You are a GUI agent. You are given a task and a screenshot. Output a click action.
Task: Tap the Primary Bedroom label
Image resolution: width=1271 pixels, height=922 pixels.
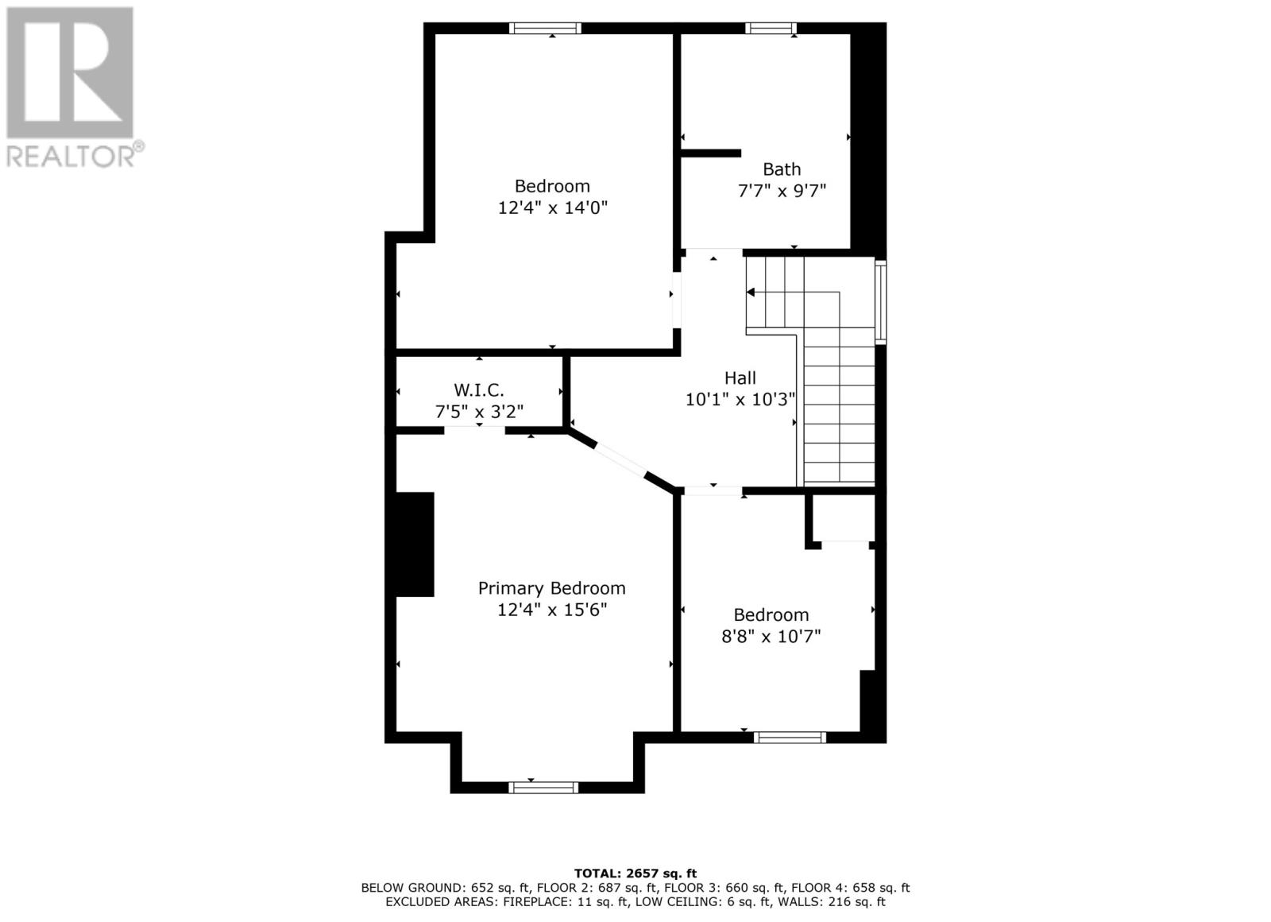click(x=551, y=588)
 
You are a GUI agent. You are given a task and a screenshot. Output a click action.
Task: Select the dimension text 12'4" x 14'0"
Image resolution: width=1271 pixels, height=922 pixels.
click(x=552, y=208)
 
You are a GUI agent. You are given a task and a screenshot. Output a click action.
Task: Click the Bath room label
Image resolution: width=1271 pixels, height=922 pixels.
click(x=782, y=169)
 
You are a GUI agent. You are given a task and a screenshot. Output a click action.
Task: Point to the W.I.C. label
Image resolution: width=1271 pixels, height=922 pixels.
click(x=478, y=390)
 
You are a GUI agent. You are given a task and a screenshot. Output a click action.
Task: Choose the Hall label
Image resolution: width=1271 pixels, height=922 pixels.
click(x=740, y=378)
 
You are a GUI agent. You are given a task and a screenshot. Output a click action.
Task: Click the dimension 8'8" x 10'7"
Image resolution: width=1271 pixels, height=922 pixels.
click(x=771, y=637)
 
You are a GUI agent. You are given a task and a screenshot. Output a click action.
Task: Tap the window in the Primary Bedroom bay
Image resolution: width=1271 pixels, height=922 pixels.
click(x=543, y=787)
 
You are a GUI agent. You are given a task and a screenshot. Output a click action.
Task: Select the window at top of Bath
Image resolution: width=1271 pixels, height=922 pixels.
click(x=771, y=29)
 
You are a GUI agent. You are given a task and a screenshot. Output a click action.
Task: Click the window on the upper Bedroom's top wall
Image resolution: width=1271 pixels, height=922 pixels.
click(x=545, y=29)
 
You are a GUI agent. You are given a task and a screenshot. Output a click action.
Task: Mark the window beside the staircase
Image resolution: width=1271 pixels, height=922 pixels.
click(x=880, y=301)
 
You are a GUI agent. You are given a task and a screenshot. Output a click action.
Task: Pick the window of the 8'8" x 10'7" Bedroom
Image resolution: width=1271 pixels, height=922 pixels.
click(x=790, y=737)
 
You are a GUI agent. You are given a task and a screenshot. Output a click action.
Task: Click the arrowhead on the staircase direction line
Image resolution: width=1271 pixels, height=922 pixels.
click(x=751, y=292)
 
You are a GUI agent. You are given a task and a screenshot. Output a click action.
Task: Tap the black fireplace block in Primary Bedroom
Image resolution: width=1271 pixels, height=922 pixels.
click(x=414, y=544)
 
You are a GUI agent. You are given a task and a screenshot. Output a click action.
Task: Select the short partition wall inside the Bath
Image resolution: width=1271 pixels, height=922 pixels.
click(x=712, y=153)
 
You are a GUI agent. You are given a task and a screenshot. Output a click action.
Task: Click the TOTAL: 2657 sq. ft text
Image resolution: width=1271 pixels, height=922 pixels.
click(x=635, y=874)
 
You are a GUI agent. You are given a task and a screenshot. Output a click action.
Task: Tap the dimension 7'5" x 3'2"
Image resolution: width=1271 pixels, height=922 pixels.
click(x=478, y=412)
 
